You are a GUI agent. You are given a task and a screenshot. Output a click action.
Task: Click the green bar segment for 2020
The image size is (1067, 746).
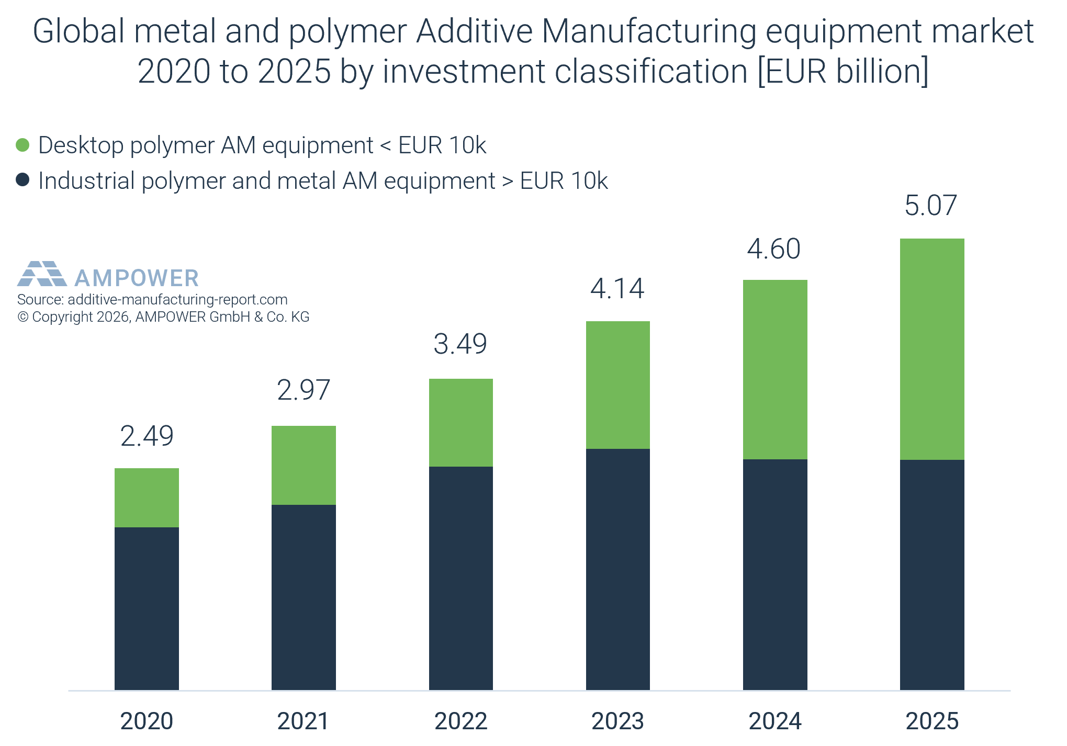point(147,498)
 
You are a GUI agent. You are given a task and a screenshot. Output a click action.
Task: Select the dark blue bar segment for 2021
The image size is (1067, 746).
point(304,597)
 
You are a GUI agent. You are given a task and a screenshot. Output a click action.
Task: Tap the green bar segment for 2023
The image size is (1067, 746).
point(617,385)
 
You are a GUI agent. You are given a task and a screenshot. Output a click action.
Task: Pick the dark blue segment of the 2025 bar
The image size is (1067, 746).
point(932,574)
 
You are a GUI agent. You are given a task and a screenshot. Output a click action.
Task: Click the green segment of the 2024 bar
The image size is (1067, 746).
point(775,369)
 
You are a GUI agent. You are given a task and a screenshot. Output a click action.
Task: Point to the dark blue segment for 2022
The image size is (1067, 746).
point(461,578)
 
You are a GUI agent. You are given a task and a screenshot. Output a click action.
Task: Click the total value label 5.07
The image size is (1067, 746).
point(931,205)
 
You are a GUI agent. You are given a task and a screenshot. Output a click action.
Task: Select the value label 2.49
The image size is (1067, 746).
point(147,436)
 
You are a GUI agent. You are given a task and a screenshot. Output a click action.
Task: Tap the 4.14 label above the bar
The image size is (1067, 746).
point(617,289)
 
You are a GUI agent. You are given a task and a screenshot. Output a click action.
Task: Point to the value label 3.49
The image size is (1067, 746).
point(461,344)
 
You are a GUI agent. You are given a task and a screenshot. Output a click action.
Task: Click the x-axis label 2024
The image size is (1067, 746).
point(775,721)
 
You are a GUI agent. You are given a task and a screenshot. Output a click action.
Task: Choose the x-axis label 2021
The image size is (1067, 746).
point(303,721)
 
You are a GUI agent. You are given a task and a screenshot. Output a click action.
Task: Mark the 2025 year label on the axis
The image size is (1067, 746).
point(932,721)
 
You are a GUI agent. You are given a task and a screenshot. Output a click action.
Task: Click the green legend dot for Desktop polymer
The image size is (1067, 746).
point(23,145)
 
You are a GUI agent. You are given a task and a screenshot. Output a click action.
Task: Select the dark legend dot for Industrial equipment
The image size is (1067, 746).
point(23,180)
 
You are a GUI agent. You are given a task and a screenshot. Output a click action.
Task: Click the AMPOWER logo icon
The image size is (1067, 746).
point(42,274)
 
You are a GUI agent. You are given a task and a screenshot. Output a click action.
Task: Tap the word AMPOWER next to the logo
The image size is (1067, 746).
point(137,278)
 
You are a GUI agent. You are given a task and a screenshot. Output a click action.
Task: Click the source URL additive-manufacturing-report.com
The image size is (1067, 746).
point(177,299)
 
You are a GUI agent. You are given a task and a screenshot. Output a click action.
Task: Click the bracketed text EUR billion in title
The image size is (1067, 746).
point(843,71)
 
